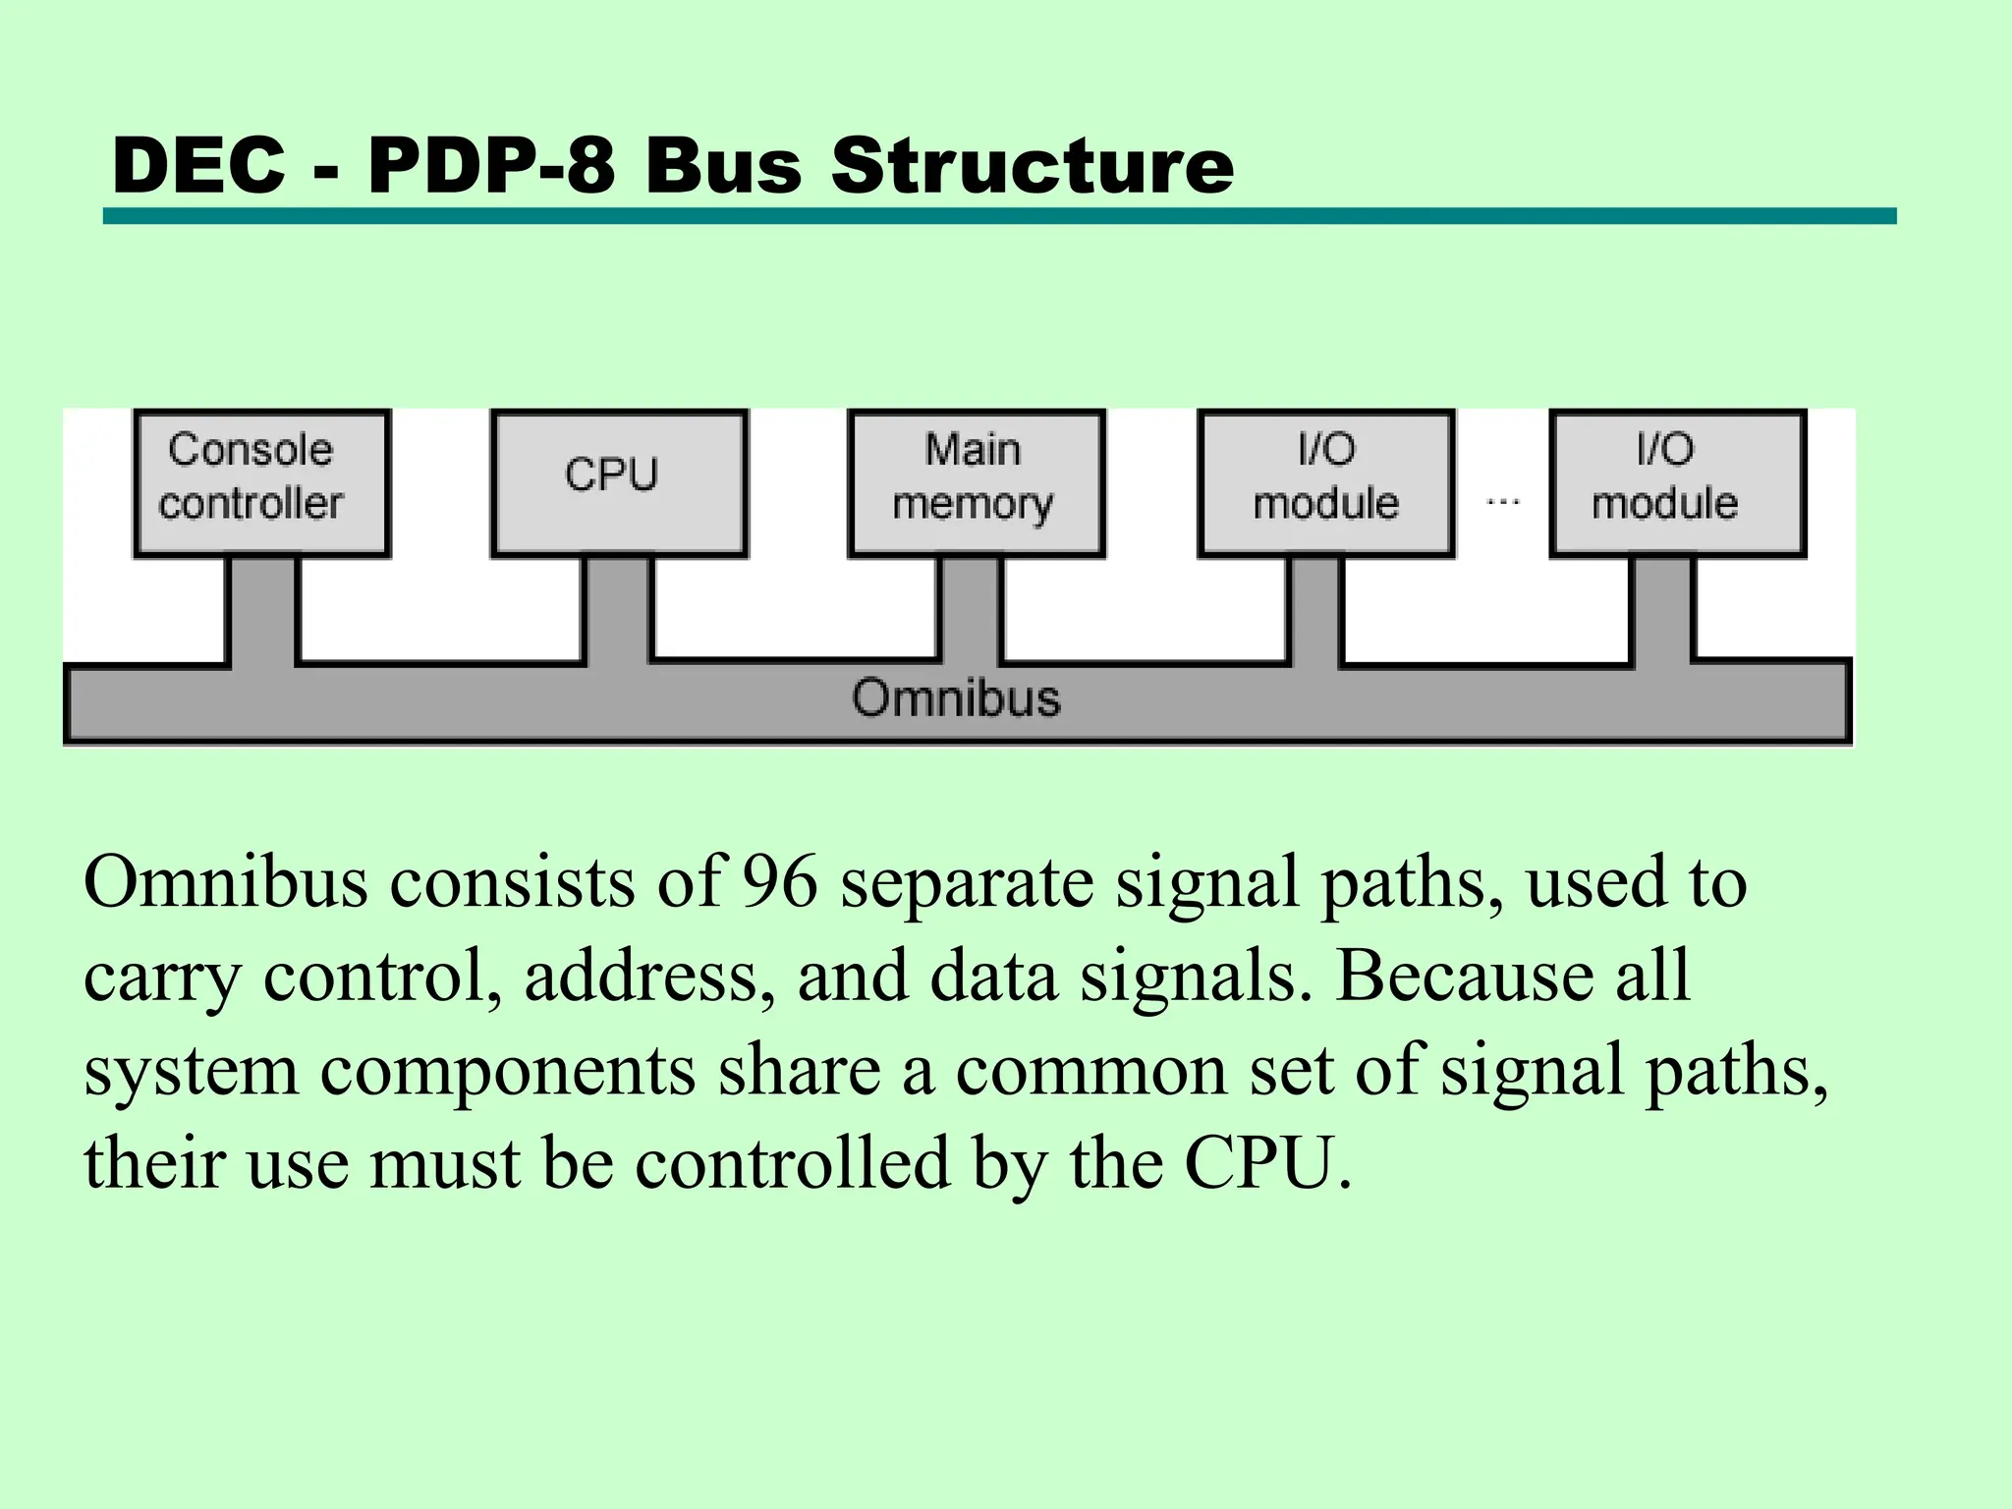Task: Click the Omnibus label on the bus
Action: coord(956,699)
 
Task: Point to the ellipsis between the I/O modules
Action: coord(1502,502)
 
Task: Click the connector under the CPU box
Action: coord(617,609)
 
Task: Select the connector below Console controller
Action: coord(262,609)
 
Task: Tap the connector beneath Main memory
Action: coord(971,609)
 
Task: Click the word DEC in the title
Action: coord(199,165)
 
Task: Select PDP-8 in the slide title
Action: coord(491,165)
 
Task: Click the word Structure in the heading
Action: coord(1032,165)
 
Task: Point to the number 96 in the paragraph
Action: coord(779,881)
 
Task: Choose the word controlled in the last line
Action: coord(793,1163)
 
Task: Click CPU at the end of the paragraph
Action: coord(1267,1163)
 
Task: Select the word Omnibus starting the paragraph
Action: coord(226,881)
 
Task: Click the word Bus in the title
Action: coord(723,165)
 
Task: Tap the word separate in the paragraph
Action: coord(967,881)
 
